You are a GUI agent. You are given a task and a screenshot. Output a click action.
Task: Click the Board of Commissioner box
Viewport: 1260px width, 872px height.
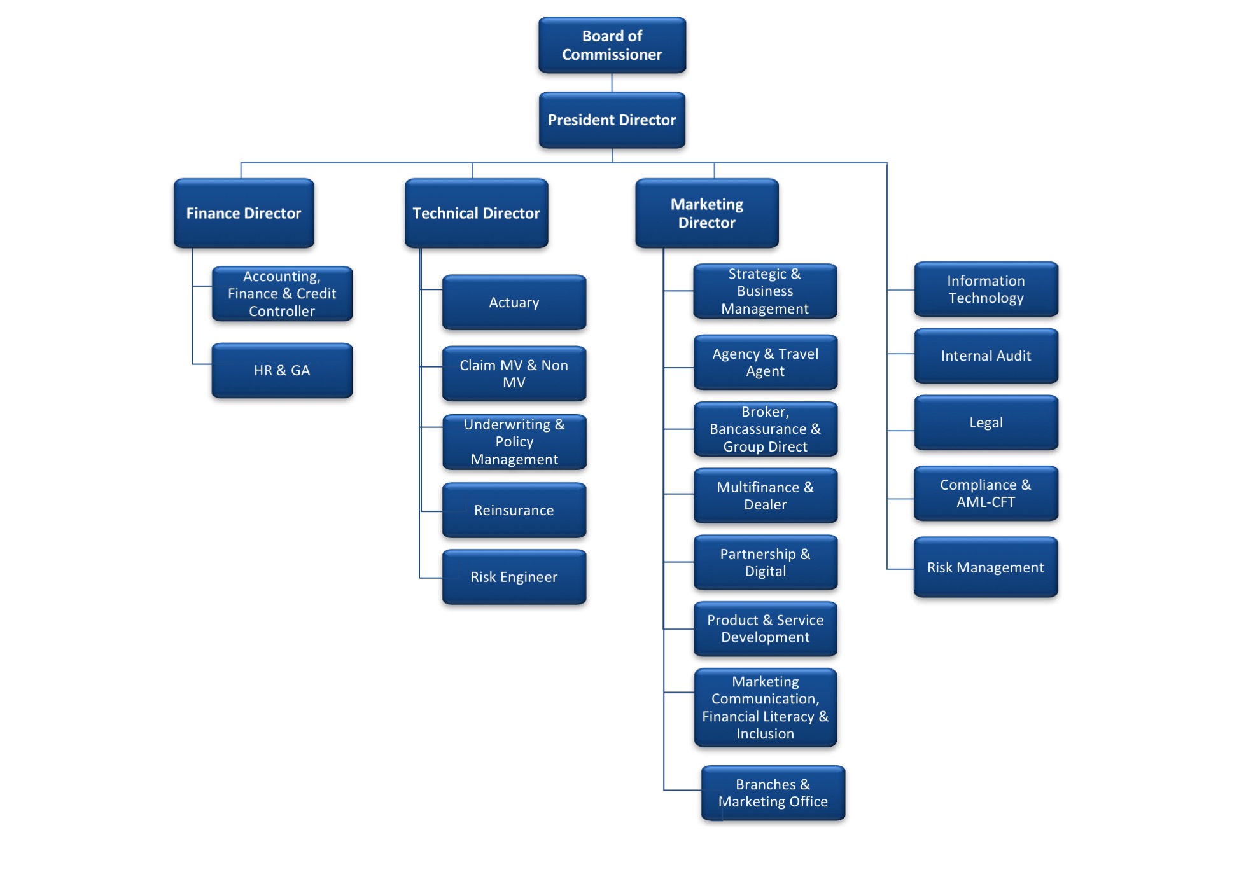point(612,45)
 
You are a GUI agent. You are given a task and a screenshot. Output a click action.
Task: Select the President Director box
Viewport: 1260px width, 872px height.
point(612,120)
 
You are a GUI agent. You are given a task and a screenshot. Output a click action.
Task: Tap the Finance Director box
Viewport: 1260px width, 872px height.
point(244,213)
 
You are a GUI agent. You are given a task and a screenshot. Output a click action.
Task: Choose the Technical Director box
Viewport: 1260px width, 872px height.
point(476,213)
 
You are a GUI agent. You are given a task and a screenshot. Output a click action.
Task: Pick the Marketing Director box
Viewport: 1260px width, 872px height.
point(706,213)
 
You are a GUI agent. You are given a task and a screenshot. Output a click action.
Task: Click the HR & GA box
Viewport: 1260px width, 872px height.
point(282,370)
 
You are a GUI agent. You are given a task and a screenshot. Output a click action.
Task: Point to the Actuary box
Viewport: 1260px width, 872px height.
point(514,302)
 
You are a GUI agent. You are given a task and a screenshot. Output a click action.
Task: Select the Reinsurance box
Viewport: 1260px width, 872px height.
point(514,510)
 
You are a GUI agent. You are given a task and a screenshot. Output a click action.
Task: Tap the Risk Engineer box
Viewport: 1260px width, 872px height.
point(514,577)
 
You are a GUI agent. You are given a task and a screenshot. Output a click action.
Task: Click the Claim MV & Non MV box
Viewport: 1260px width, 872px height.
point(514,373)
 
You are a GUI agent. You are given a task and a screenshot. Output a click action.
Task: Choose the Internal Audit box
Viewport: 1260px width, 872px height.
point(986,356)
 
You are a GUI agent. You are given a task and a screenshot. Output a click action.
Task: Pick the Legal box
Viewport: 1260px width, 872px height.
point(986,422)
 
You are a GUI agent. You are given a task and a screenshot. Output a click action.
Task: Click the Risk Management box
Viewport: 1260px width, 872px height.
point(986,567)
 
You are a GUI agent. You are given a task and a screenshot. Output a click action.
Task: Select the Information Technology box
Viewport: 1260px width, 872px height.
point(986,289)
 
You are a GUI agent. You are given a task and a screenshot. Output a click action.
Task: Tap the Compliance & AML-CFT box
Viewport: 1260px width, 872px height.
point(986,493)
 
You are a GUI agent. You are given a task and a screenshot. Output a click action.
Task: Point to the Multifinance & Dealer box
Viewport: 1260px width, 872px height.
point(765,495)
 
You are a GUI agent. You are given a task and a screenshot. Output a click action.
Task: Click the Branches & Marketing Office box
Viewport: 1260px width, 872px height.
point(773,792)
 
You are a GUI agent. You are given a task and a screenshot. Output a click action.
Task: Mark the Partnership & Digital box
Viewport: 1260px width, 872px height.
point(765,562)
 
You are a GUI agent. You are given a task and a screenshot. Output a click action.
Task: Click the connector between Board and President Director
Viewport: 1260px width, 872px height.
point(612,83)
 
